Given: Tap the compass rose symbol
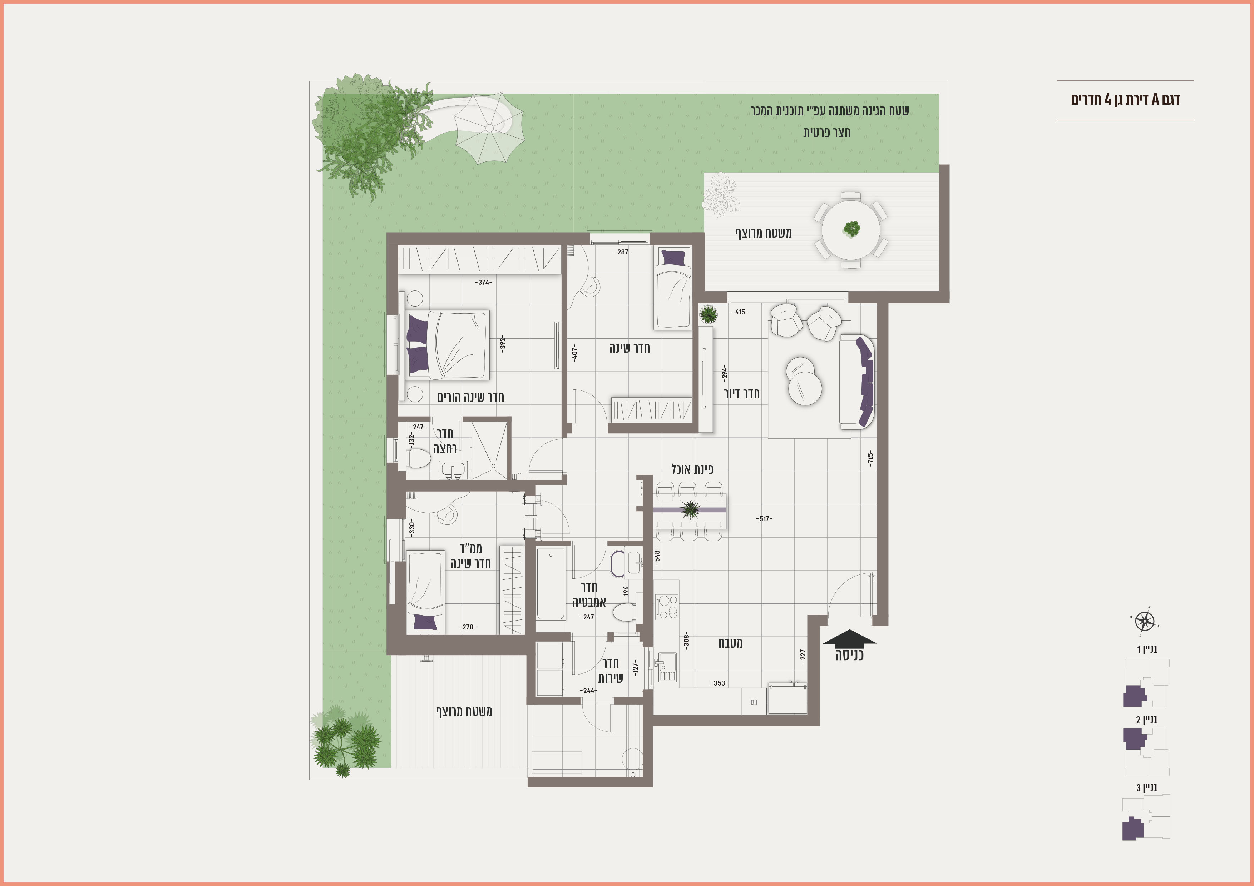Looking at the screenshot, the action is pyautogui.click(x=1144, y=621).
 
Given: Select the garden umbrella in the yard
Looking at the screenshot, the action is pyautogui.click(x=489, y=128).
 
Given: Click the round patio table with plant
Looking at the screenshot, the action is pyautogui.click(x=851, y=230).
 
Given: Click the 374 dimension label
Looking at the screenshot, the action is pyautogui.click(x=483, y=282).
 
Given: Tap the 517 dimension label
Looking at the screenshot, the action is pyautogui.click(x=764, y=519).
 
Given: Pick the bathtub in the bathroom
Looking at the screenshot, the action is pyautogui.click(x=551, y=583).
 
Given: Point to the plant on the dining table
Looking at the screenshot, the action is pyautogui.click(x=690, y=510).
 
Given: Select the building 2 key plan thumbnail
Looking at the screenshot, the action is pyautogui.click(x=1146, y=751).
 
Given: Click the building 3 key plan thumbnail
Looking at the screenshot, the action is pyautogui.click(x=1146, y=817).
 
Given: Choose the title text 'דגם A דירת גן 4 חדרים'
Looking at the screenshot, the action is pyautogui.click(x=1125, y=100).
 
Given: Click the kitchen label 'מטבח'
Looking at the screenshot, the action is pyautogui.click(x=730, y=643).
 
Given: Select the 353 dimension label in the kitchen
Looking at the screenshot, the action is pyautogui.click(x=719, y=683).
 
